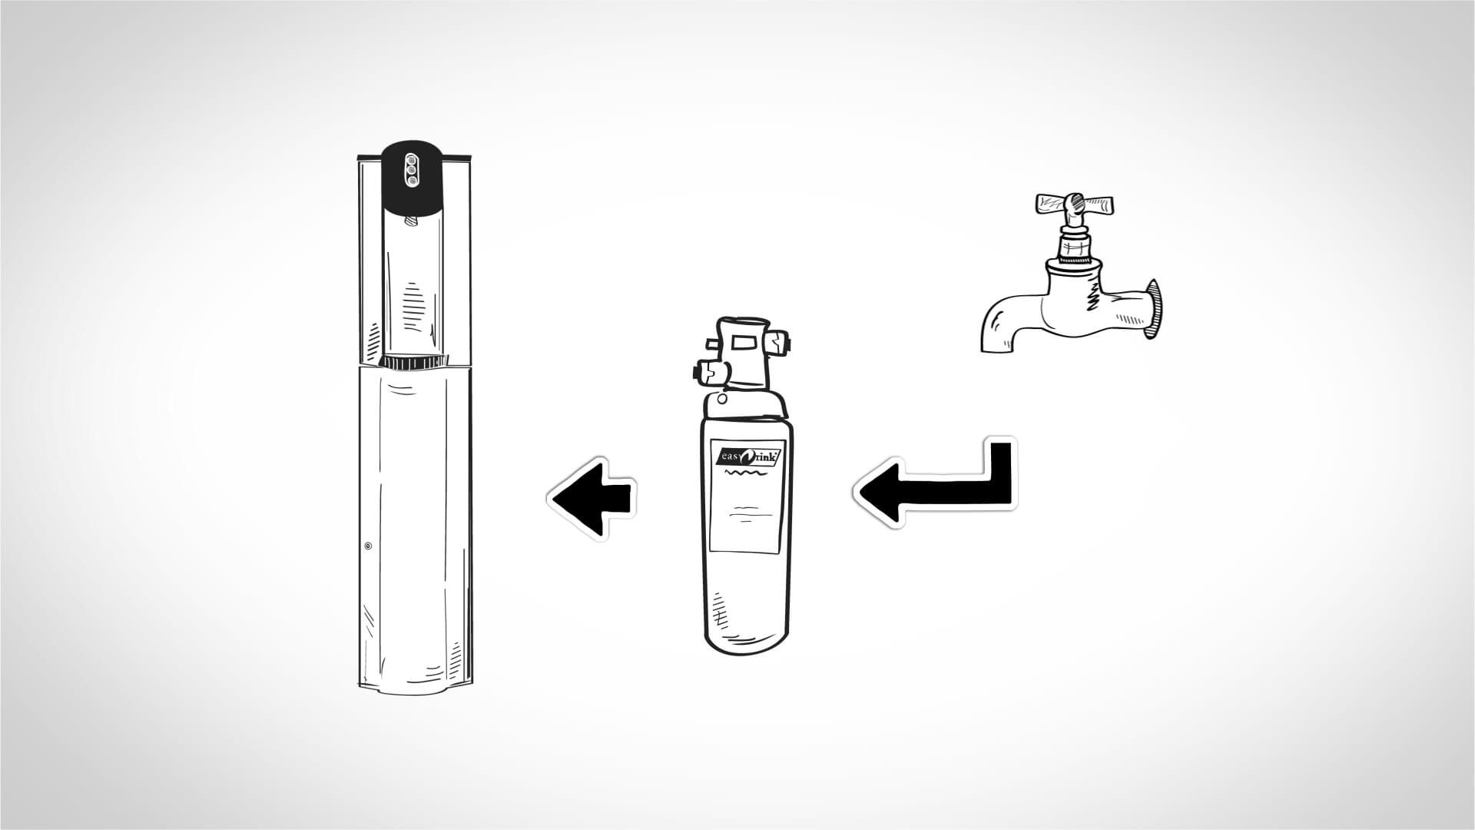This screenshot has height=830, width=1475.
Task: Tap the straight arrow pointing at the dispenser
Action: pos(592,497)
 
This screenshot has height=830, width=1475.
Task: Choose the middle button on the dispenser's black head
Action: pos(411,169)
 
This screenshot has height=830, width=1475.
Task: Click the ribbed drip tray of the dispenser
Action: pos(413,362)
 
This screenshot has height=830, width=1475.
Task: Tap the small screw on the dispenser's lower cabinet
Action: pos(368,546)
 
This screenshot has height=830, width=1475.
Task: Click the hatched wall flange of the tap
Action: pos(1152,309)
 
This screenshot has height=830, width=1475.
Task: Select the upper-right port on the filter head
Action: pos(781,342)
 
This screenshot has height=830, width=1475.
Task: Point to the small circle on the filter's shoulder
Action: pos(722,400)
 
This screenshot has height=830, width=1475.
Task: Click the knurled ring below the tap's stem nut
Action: pos(1075,246)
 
